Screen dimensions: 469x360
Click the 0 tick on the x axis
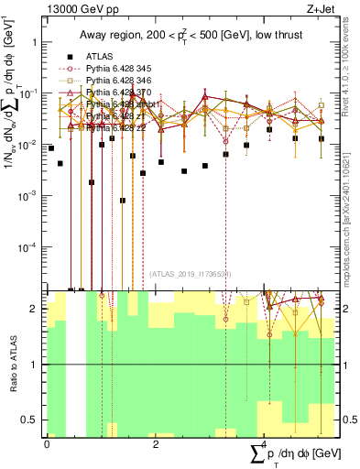47,443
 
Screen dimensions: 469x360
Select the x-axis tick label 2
156,443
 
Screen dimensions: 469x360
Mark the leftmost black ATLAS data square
51,147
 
